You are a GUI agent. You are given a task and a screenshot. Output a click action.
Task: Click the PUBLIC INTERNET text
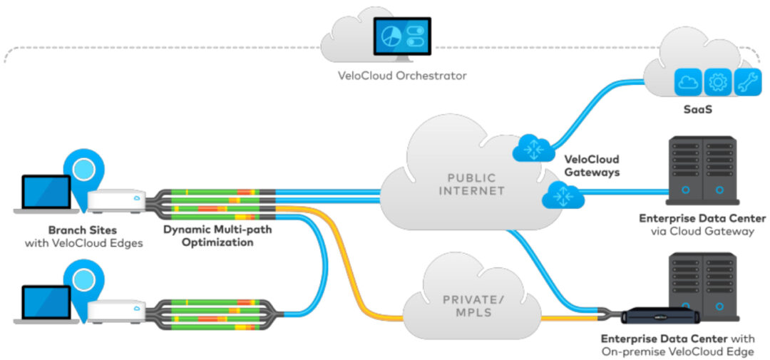click(473, 183)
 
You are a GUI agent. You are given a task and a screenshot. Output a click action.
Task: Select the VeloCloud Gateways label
click(591, 165)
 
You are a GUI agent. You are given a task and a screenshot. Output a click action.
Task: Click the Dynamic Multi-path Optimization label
click(207, 236)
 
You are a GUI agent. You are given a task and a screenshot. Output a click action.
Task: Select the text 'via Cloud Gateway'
click(702, 232)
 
